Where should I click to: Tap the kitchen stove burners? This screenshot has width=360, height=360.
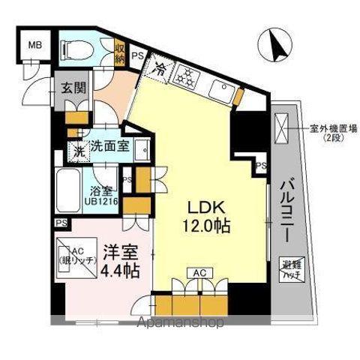click(185, 73)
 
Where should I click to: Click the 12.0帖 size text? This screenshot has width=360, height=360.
click(202, 224)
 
